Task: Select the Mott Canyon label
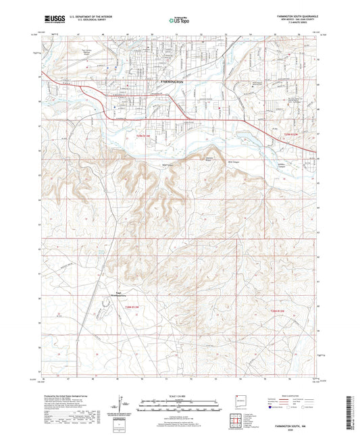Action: click(x=233, y=162)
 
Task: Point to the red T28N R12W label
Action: click(x=280, y=310)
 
